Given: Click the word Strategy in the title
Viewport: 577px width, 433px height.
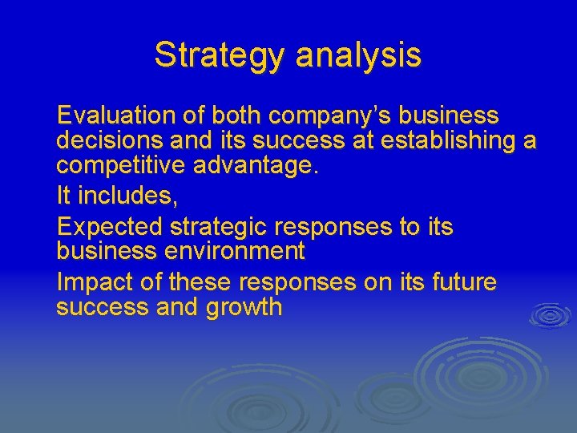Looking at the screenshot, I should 220,55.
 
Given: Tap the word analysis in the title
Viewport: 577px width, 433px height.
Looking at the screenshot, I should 358,55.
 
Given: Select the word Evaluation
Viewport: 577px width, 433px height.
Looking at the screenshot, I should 118,115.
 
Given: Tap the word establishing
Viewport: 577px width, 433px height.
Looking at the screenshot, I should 449,140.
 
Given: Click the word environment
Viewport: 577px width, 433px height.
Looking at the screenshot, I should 235,251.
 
